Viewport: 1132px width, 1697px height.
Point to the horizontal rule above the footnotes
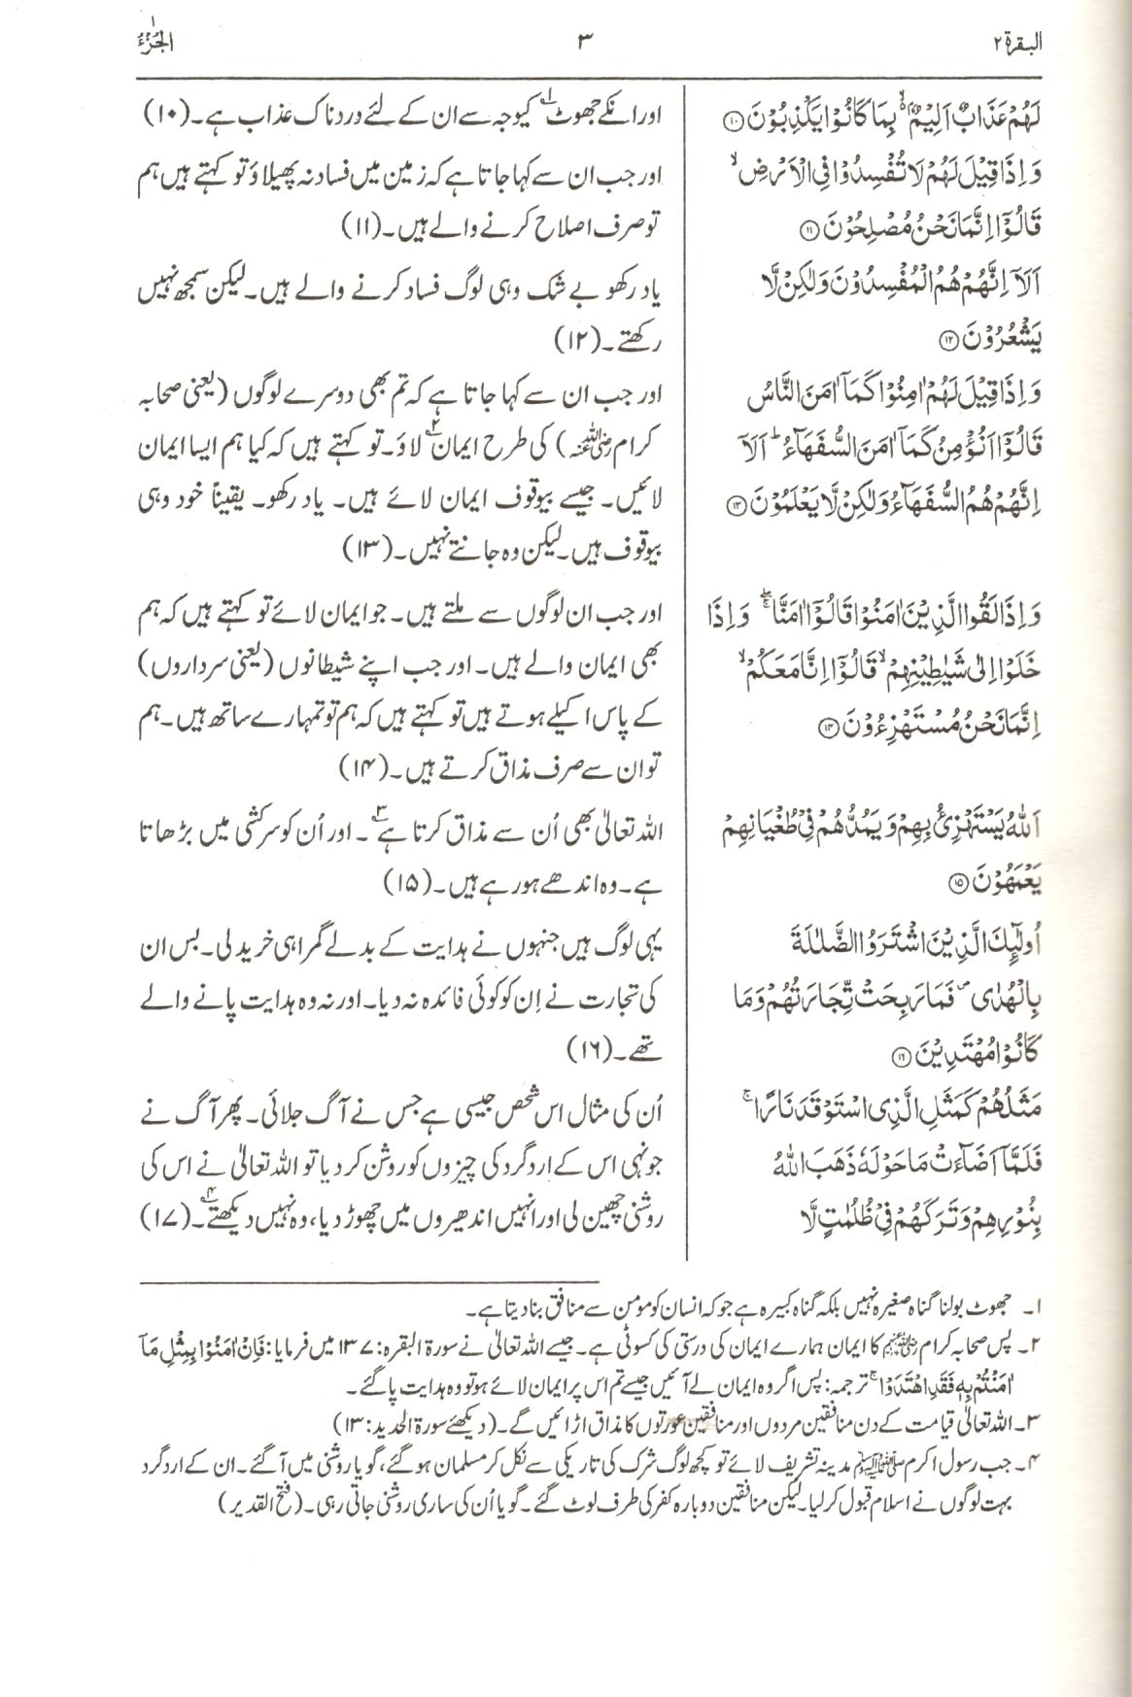(370, 1282)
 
